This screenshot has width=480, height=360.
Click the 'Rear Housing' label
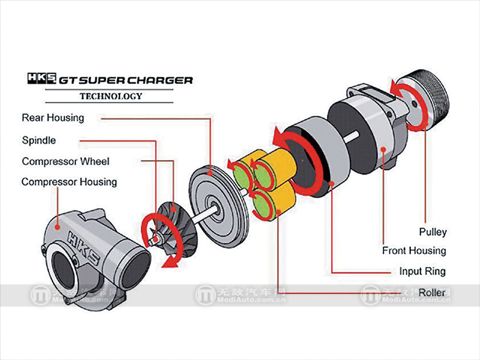tap(53, 118)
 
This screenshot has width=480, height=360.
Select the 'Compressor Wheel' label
tap(65, 161)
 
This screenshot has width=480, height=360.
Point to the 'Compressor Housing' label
tap(69, 181)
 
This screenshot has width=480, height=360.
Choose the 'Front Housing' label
tap(414, 251)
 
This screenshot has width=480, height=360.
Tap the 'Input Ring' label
tap(422, 271)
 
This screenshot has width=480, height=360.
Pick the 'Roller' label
tap(432, 292)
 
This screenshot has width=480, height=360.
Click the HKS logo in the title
tap(41, 79)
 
